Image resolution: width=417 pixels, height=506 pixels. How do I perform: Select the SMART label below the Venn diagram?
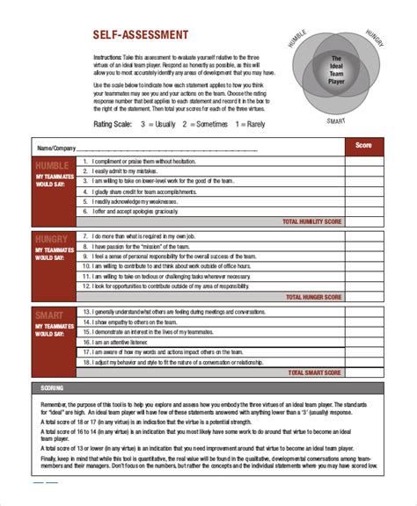[335, 120]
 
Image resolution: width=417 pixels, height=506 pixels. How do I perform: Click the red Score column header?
[363, 145]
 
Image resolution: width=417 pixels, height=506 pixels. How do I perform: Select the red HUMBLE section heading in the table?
[53, 165]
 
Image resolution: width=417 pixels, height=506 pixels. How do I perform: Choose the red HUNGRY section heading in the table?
[53, 239]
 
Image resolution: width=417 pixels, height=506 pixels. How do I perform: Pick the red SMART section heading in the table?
[53, 314]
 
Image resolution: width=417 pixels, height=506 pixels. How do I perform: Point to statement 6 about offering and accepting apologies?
[136, 211]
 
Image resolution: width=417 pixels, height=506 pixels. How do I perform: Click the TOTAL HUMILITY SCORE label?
[311, 223]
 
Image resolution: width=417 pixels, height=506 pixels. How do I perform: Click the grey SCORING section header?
[53, 387]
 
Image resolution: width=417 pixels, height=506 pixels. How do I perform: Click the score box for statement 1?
[363, 162]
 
